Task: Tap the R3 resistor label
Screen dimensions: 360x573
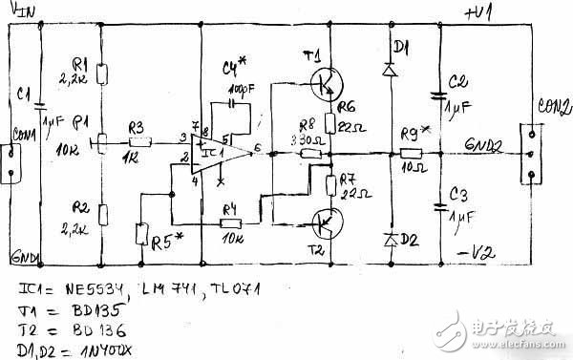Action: click(x=135, y=127)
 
